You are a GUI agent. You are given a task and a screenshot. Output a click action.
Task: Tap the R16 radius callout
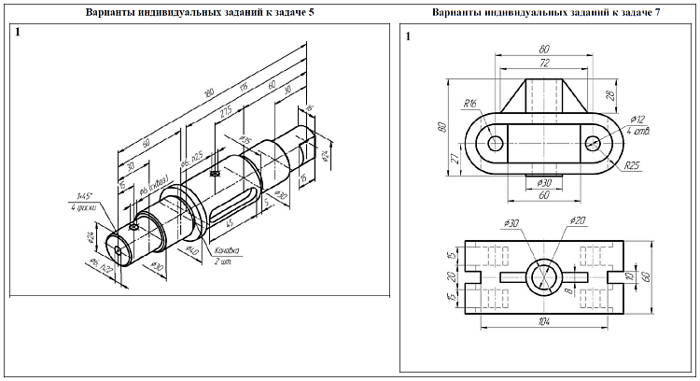[x=469, y=104]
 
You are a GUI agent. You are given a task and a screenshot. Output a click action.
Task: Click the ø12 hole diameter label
[x=638, y=120]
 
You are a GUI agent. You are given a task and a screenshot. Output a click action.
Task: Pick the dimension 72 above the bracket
[x=543, y=63]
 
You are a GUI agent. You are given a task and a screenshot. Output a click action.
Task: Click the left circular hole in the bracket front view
[x=494, y=143]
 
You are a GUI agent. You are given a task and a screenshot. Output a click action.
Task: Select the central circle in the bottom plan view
[x=544, y=277]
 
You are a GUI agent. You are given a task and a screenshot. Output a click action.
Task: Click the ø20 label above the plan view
[x=576, y=222]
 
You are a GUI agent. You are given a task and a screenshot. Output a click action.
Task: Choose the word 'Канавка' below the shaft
[x=227, y=250]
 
